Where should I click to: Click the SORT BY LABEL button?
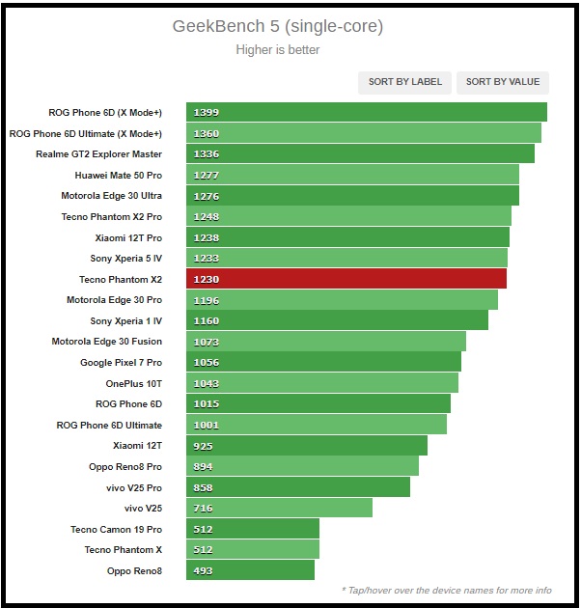tap(405, 82)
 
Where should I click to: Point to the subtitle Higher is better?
tap(278, 49)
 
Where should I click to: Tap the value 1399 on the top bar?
tap(207, 113)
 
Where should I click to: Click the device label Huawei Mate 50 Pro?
tap(118, 176)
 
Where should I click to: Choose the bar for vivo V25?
tap(279, 508)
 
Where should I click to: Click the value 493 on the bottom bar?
tap(203, 570)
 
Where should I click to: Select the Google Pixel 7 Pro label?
tap(121, 363)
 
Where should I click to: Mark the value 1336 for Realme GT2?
tap(207, 154)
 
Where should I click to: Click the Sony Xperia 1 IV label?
tap(125, 320)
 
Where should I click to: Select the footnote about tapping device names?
tap(446, 591)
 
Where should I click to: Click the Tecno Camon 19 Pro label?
tap(116, 529)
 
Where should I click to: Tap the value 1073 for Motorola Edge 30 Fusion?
tap(207, 342)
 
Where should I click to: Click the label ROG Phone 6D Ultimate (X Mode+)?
tap(85, 134)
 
